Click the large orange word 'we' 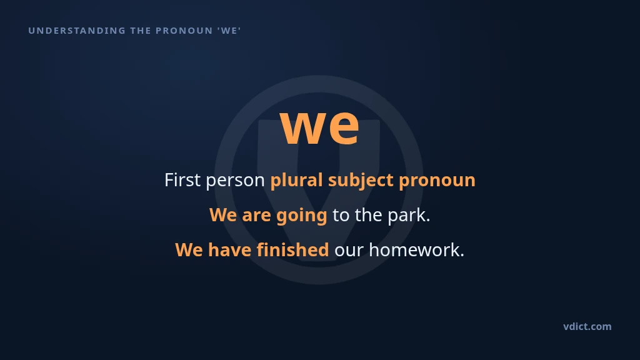319,126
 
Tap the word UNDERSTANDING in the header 77,31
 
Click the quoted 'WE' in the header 229,31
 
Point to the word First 182,180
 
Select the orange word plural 297,181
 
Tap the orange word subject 361,181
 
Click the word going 302,216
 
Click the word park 409,216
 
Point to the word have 229,250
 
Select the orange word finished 292,250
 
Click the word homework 416,250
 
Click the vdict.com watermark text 587,326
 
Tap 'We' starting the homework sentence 189,250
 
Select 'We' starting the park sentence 223,215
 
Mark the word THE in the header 141,31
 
